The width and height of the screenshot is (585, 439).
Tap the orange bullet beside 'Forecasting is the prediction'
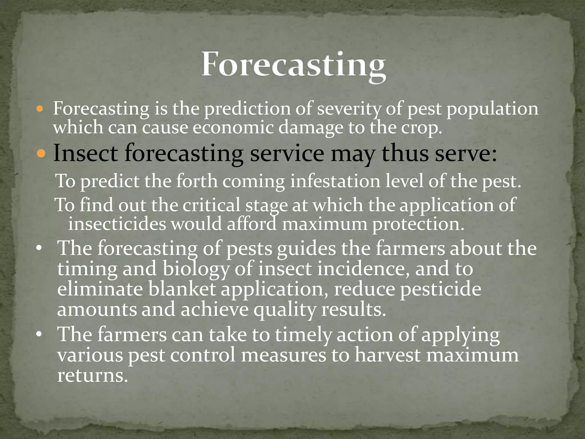click(40, 109)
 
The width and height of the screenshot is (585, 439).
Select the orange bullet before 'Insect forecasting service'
click(41, 154)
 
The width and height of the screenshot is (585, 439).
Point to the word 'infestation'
click(335, 181)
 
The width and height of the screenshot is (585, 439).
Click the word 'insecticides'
click(117, 224)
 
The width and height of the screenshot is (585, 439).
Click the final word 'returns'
click(92, 375)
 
